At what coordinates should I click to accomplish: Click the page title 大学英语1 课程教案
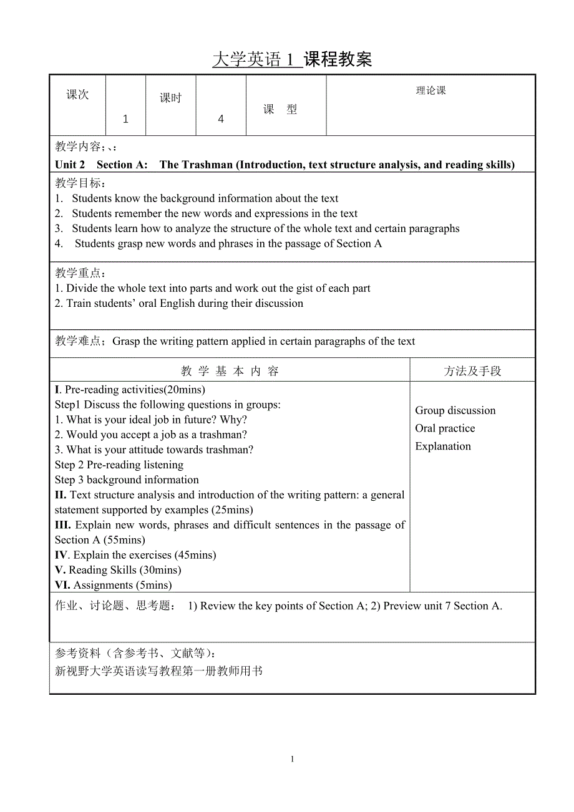click(x=292, y=59)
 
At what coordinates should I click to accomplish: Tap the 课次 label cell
click(x=78, y=95)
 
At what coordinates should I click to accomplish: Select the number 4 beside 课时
click(x=221, y=119)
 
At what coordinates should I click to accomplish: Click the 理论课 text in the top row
click(x=431, y=90)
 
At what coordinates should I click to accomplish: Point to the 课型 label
click(x=280, y=110)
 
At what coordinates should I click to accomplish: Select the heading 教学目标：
click(x=80, y=183)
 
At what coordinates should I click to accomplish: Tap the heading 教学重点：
click(x=80, y=273)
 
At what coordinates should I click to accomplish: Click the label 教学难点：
click(x=80, y=341)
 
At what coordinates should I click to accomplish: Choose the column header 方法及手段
click(x=472, y=371)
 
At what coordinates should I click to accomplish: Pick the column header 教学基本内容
click(x=230, y=371)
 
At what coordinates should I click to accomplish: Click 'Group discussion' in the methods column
click(x=455, y=410)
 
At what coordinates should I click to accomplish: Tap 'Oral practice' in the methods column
click(x=445, y=428)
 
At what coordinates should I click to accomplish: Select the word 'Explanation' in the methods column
click(x=443, y=446)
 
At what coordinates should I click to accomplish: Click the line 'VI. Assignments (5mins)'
click(x=113, y=585)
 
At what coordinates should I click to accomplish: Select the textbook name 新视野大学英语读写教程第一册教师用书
click(x=159, y=671)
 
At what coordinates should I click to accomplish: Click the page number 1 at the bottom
click(x=292, y=759)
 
